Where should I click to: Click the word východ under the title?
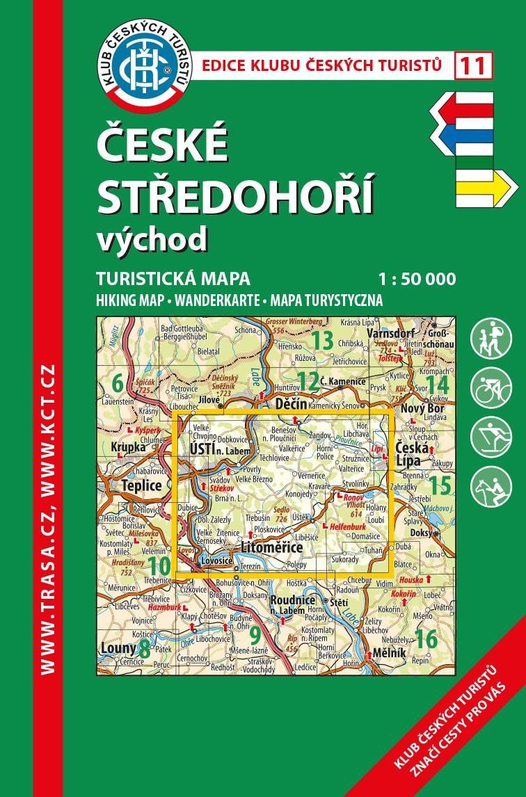tap(152, 238)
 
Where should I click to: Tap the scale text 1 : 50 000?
tap(417, 280)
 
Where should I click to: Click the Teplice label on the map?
tap(141, 485)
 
